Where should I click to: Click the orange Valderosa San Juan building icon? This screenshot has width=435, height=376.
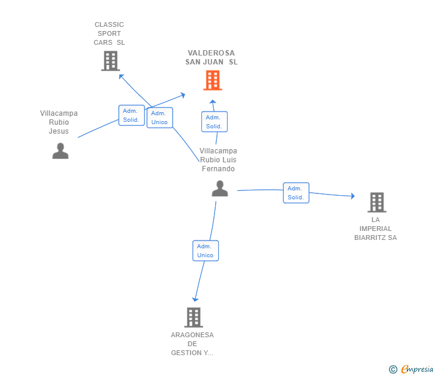213,81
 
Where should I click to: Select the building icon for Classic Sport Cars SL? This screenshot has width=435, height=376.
111,61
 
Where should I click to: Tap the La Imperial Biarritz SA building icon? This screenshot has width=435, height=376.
377,202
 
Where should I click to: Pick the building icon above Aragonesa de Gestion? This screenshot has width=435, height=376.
194,318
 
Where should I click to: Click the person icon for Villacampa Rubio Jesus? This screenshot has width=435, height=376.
60,151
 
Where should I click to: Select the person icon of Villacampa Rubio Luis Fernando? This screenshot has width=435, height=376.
220,189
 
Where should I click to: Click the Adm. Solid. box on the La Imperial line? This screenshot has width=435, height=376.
296,193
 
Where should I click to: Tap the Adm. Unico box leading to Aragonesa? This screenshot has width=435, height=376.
206,251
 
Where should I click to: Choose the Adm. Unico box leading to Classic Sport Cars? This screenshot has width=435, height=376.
160,118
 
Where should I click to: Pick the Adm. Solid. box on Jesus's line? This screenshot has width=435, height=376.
131,115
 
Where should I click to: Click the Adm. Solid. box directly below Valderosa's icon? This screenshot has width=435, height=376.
215,122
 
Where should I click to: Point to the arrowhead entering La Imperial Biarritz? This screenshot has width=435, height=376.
353,196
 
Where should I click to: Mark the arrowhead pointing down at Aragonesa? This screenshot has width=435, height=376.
195,299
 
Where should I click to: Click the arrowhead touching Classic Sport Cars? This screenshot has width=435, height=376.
121,76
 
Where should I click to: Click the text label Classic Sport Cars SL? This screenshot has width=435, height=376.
109,33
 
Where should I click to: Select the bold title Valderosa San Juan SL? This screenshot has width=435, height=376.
212,57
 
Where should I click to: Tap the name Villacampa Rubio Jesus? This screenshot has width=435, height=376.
59,122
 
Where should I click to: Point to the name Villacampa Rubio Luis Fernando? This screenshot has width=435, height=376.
218,160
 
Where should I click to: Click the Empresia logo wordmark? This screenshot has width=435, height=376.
417,369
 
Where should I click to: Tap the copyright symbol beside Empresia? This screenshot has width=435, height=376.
393,369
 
